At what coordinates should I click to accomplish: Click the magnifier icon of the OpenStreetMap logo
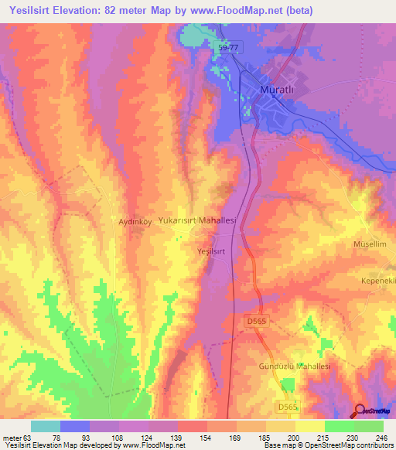coord(360,409)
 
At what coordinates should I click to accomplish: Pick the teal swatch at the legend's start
coord(46,426)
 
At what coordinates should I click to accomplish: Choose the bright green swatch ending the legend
coord(369,426)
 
